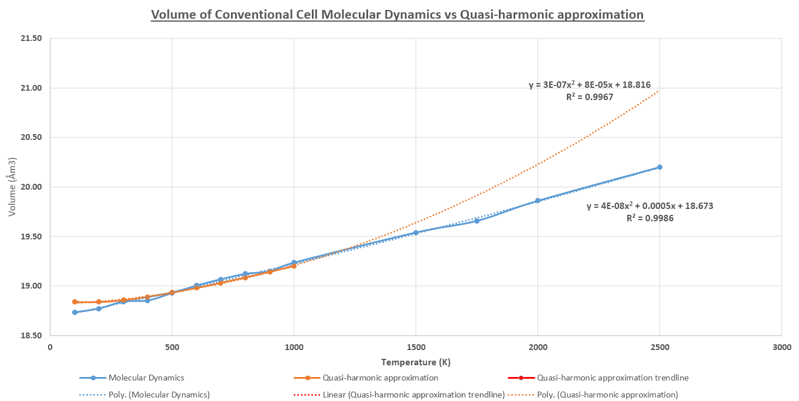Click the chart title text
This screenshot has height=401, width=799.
(397, 14)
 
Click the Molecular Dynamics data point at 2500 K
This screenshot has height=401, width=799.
(659, 167)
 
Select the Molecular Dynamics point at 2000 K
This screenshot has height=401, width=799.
(538, 200)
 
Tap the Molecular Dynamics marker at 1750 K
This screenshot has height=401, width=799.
(477, 221)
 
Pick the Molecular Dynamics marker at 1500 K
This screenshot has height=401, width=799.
(416, 232)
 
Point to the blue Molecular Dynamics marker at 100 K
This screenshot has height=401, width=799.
(74, 312)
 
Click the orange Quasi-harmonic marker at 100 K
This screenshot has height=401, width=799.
(74, 302)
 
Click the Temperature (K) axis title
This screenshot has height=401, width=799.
(416, 362)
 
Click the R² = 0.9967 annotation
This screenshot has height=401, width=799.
(589, 97)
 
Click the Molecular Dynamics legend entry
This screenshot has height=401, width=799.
(146, 378)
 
